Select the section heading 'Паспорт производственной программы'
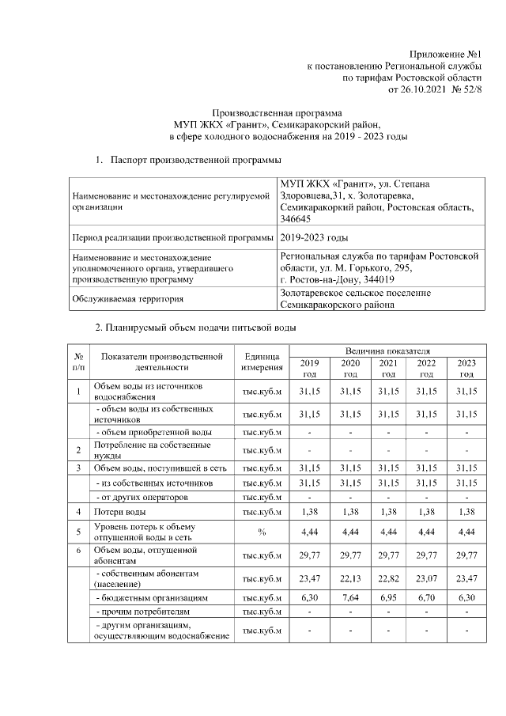click(x=195, y=161)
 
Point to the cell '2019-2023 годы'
click(x=314, y=237)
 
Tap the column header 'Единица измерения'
click(x=262, y=362)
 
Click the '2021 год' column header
click(x=388, y=368)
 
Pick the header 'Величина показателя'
click(x=388, y=350)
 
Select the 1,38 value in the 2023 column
click(x=466, y=512)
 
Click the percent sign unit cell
click(x=262, y=532)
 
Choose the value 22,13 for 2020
click(x=350, y=578)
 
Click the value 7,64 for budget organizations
click(x=350, y=598)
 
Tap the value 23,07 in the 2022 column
click(x=427, y=578)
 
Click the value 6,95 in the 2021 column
click(x=388, y=598)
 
